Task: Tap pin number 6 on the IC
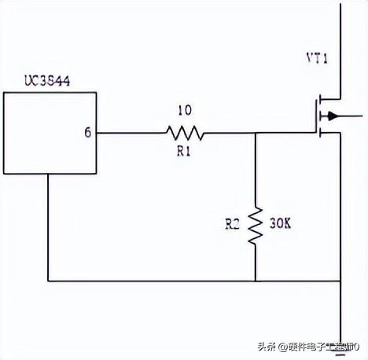pos(87,132)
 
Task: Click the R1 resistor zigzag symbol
pos(185,132)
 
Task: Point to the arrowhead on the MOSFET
pos(333,116)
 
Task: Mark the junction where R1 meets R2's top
pos(256,132)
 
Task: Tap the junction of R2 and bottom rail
pos(256,280)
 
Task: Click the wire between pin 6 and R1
pos(130,132)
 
